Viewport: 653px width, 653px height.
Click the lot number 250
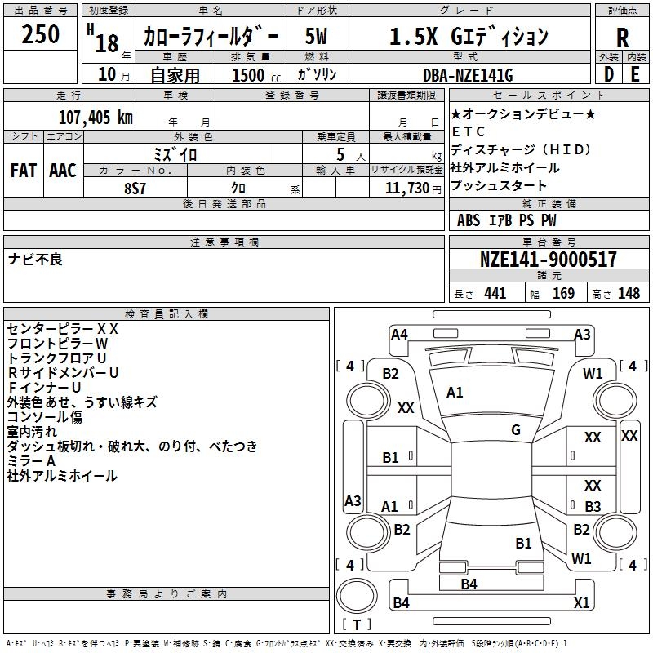[40, 34]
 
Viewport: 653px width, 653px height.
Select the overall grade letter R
[622, 38]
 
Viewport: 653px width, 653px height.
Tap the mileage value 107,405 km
[96, 117]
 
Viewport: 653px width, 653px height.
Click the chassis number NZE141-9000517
[548, 260]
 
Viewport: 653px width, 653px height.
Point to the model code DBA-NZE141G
[468, 75]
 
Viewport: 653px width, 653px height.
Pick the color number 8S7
[135, 189]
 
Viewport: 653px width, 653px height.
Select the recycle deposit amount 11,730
[407, 189]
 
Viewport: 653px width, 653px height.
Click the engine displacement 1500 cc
[256, 75]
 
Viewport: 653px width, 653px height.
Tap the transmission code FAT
[24, 171]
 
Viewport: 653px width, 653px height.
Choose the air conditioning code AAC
[63, 171]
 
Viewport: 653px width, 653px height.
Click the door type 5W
[316, 36]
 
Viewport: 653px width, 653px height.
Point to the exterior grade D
[609, 74]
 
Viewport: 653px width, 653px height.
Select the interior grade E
[635, 74]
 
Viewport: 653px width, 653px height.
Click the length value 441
[495, 293]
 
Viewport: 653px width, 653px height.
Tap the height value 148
[629, 293]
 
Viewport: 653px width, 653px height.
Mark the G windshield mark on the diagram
[516, 430]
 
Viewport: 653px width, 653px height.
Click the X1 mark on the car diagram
[581, 602]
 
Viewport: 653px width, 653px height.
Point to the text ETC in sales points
[468, 131]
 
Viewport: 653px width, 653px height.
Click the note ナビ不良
[35, 260]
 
